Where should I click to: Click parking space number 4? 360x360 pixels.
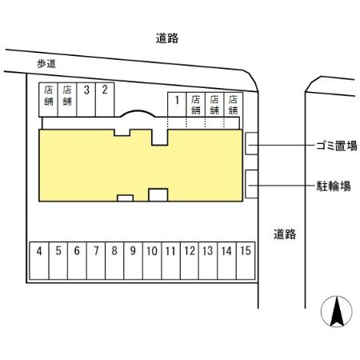coord(39,261)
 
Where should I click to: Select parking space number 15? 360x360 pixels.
coord(246,261)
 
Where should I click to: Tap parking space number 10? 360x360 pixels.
coord(152,261)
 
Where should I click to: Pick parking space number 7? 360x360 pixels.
coord(96,261)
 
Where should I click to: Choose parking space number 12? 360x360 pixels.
coord(190,261)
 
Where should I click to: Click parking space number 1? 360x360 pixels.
coord(177,104)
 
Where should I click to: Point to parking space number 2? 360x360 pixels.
coord(105,99)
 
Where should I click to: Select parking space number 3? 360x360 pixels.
coord(86,99)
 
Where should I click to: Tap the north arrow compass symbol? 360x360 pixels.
coord(337,311)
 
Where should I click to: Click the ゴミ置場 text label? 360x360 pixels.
coord(337,146)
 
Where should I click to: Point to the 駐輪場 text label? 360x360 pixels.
coord(334,186)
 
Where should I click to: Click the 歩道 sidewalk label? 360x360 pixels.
coord(46,64)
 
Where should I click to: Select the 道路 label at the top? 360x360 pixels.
coord(167,38)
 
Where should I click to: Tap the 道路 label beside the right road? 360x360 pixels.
coord(285,234)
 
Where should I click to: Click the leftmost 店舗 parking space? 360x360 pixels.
coord(48,99)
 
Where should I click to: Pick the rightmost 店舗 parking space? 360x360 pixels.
coord(234,104)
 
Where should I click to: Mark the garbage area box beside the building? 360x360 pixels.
coord(251,143)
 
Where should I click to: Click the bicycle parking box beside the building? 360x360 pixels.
coord(251,184)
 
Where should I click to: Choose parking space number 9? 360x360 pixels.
coord(133,261)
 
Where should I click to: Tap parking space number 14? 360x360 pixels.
coord(226,261)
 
